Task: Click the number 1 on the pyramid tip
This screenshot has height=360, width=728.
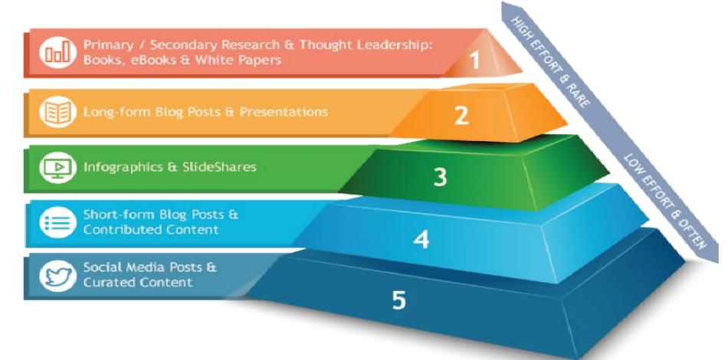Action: click(474, 59)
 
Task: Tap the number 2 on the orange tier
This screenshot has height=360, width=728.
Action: click(461, 116)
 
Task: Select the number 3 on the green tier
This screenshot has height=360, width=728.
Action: click(440, 177)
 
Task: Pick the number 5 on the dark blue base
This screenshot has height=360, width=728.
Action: click(398, 299)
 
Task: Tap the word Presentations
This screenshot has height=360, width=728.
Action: click(284, 112)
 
